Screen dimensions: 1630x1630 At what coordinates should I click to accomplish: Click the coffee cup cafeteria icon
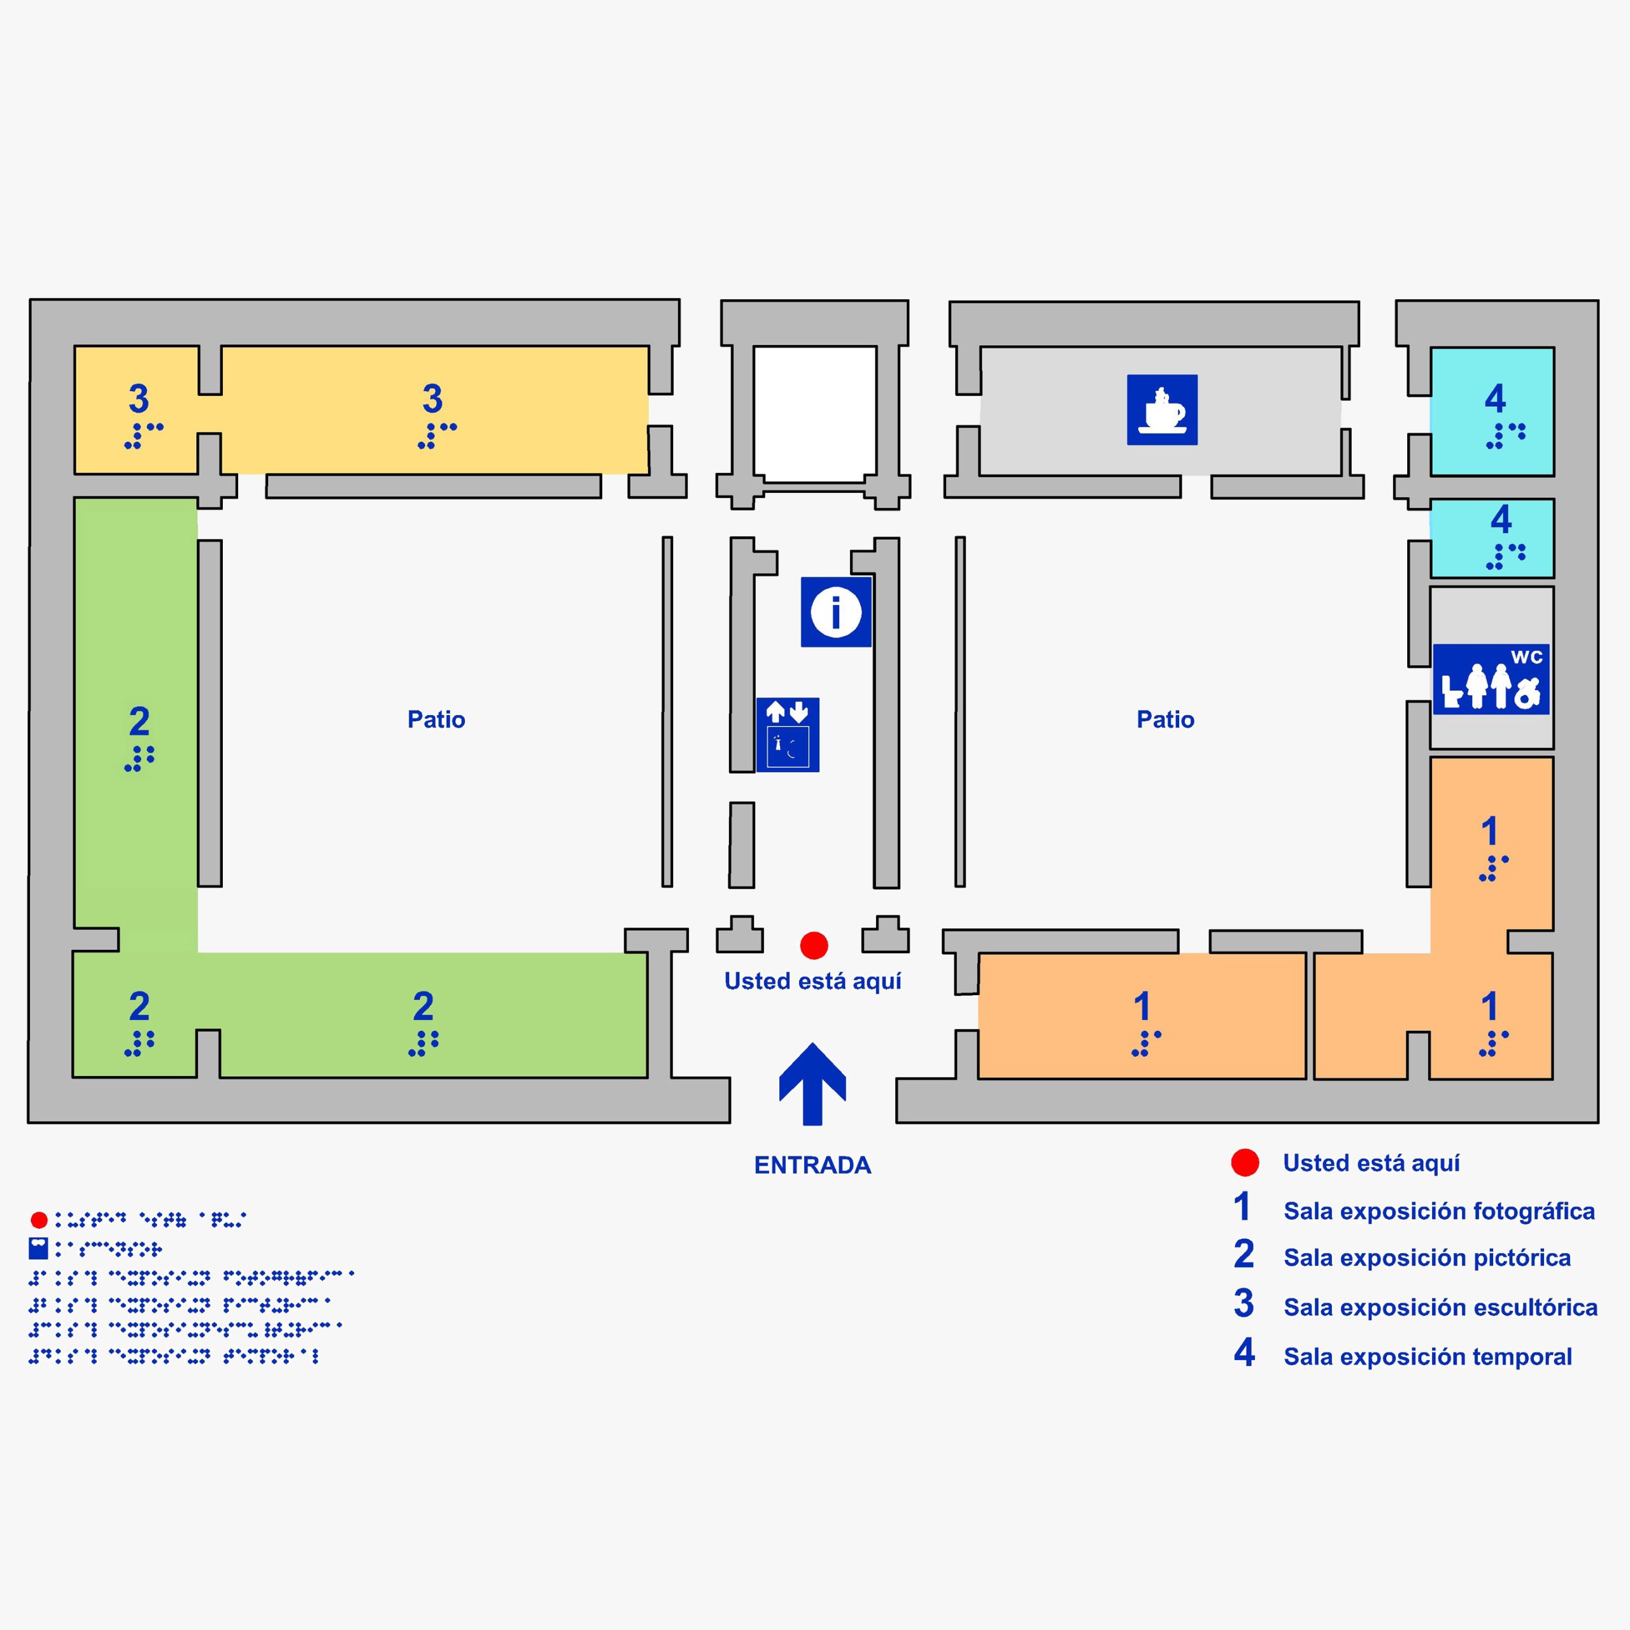tap(1162, 409)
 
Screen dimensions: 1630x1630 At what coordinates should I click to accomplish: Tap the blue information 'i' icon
tap(835, 612)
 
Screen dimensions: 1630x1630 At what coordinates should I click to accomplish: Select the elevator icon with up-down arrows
tap(787, 734)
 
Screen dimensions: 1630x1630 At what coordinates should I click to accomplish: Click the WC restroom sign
tap(1491, 679)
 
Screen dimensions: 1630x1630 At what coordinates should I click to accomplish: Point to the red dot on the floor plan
tap(813, 945)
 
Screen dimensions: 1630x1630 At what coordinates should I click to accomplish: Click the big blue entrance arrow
tap(812, 1084)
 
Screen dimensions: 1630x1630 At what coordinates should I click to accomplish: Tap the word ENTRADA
tap(812, 1165)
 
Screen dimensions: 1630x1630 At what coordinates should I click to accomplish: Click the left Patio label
tap(436, 719)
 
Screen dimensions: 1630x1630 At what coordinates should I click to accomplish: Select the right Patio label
tap(1165, 719)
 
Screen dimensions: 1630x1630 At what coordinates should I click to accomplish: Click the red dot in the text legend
tap(1244, 1163)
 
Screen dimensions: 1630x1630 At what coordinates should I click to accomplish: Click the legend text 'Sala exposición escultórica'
tap(1440, 1307)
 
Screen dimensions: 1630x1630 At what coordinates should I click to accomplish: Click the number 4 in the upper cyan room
tap(1495, 398)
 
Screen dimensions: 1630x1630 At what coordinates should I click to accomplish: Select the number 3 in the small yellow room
tap(138, 398)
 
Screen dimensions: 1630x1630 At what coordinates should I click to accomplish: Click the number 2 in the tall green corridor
tap(139, 721)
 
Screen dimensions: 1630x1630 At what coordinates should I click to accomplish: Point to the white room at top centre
tap(814, 413)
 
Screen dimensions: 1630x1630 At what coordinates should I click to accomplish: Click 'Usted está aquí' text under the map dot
tap(812, 981)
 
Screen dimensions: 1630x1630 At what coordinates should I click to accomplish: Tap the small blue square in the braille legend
tap(39, 1248)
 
